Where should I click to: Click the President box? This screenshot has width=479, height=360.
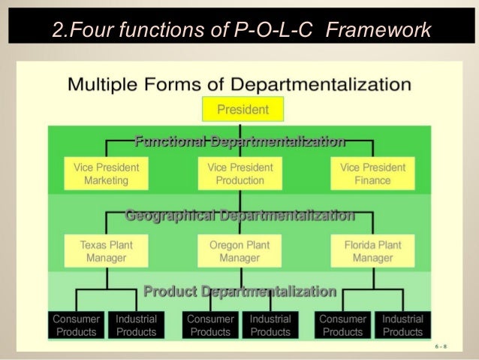click(243, 110)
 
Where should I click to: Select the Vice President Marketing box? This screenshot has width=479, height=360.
click(106, 174)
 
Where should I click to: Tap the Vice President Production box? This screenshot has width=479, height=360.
click(240, 174)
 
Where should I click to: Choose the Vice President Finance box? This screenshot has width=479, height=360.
click(373, 174)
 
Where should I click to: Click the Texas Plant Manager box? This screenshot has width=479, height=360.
click(106, 251)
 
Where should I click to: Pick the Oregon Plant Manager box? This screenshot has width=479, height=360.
click(240, 251)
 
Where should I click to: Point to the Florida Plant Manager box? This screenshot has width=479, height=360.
click(373, 251)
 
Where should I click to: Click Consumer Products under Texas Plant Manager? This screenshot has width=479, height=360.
click(77, 325)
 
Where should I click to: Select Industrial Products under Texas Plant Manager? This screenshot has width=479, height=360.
click(136, 325)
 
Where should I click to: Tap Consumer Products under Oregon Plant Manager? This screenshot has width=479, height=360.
click(210, 325)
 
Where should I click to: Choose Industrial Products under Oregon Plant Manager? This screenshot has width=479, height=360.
click(270, 325)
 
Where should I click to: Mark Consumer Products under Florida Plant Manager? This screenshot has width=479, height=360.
click(343, 325)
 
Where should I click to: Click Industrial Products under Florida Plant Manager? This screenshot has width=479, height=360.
click(403, 325)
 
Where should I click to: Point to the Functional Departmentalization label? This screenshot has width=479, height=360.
click(239, 141)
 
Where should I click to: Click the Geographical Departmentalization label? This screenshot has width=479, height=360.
click(239, 216)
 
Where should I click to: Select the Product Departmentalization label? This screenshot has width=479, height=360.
click(239, 291)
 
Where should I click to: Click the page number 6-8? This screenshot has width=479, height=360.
click(444, 347)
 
